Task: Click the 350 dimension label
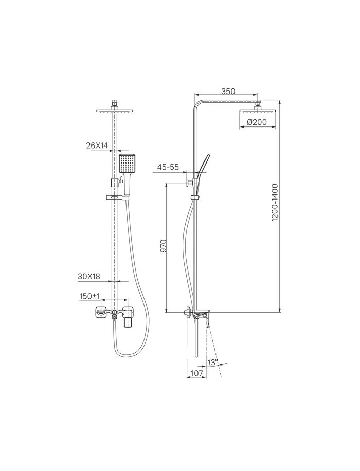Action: point(228,91)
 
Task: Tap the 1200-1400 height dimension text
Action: point(275,203)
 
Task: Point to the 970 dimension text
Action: point(163,246)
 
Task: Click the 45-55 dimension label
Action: point(168,167)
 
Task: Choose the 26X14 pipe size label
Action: point(97,146)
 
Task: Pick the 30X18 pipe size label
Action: point(88,276)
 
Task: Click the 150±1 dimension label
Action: point(89,296)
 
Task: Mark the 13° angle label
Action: point(213,362)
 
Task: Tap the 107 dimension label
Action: point(196,373)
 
